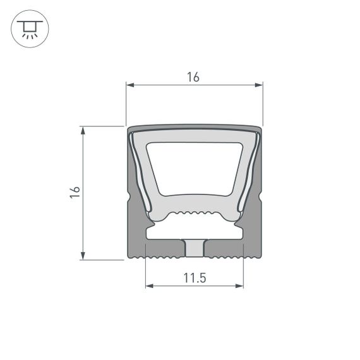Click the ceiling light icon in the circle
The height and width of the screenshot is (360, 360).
(x=29, y=30)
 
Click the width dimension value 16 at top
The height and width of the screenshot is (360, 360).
(x=193, y=77)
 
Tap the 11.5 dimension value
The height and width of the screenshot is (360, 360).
(x=195, y=277)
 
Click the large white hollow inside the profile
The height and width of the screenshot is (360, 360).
(x=195, y=168)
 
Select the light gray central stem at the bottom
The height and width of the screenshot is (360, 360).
(x=195, y=248)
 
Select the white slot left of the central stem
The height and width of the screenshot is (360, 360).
(x=164, y=233)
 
